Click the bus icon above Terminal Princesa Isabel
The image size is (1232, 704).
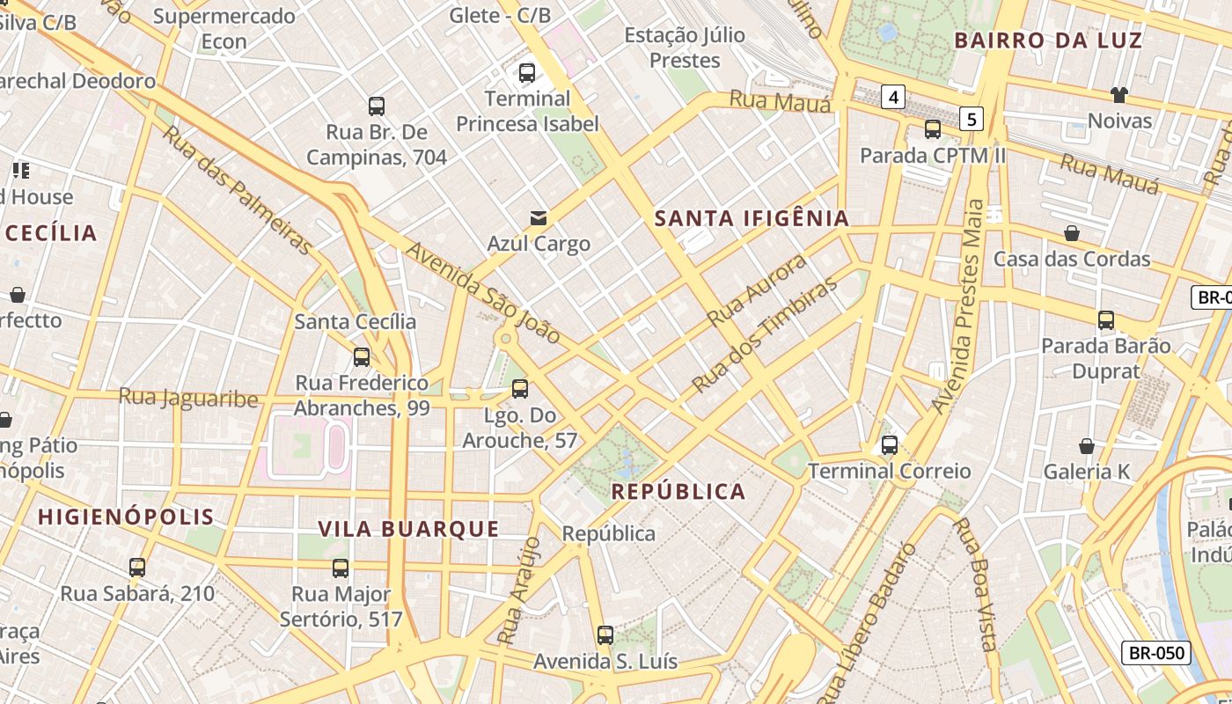[x=527, y=73]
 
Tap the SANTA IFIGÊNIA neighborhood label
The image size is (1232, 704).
[x=752, y=218]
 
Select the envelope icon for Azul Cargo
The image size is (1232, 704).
[x=538, y=217]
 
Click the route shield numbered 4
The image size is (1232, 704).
[x=893, y=97]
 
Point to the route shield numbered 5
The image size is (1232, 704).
[x=971, y=119]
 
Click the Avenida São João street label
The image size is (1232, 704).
[x=482, y=293]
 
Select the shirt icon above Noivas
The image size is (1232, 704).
[x=1118, y=94]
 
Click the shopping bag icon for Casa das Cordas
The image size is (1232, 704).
[x=1072, y=233]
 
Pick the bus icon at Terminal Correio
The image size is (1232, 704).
[x=890, y=445]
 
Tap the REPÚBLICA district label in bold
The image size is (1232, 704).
[x=678, y=492]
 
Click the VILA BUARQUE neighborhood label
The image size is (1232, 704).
[x=408, y=529]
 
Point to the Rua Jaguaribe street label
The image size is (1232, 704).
[x=188, y=398]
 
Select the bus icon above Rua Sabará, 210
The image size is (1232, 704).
[x=137, y=568]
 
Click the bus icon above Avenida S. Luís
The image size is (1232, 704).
[x=605, y=635]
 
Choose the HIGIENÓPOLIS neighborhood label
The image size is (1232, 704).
[x=126, y=517]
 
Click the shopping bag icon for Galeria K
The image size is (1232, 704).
[x=1087, y=446]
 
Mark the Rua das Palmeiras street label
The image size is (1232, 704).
[x=237, y=191]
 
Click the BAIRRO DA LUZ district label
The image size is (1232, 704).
[x=1048, y=40]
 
